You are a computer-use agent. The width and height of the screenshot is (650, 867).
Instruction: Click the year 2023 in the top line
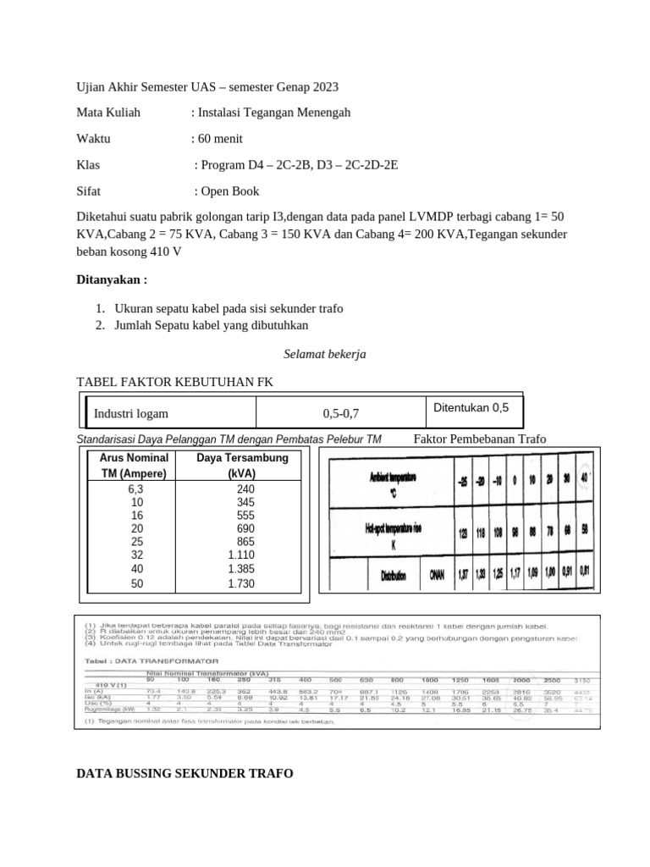(x=324, y=87)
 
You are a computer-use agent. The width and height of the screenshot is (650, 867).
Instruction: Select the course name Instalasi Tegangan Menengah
(x=273, y=113)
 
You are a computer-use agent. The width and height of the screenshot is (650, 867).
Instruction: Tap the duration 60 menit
(x=222, y=139)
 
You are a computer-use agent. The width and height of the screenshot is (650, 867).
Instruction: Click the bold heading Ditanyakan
(x=112, y=279)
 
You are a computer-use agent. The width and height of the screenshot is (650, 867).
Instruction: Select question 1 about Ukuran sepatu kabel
(x=229, y=308)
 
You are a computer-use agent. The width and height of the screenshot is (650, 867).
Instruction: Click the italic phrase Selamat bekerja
(x=324, y=354)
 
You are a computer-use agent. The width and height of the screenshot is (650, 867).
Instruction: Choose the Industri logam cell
(x=130, y=413)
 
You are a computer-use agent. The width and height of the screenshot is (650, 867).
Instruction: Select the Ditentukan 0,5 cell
(x=471, y=407)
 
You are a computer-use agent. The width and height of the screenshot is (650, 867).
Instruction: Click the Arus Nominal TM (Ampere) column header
(x=135, y=465)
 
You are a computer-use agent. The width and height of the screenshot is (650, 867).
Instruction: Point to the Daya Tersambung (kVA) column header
(x=242, y=465)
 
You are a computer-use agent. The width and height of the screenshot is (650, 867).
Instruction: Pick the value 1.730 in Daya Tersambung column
(x=242, y=583)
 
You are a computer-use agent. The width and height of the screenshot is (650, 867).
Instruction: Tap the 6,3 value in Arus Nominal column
(x=135, y=489)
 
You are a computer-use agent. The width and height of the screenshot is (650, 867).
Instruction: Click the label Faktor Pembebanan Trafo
(x=480, y=439)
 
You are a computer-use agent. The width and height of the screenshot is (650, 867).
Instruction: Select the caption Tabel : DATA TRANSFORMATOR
(x=151, y=660)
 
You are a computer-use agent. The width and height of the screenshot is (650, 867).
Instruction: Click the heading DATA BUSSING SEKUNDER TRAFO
(x=185, y=774)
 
